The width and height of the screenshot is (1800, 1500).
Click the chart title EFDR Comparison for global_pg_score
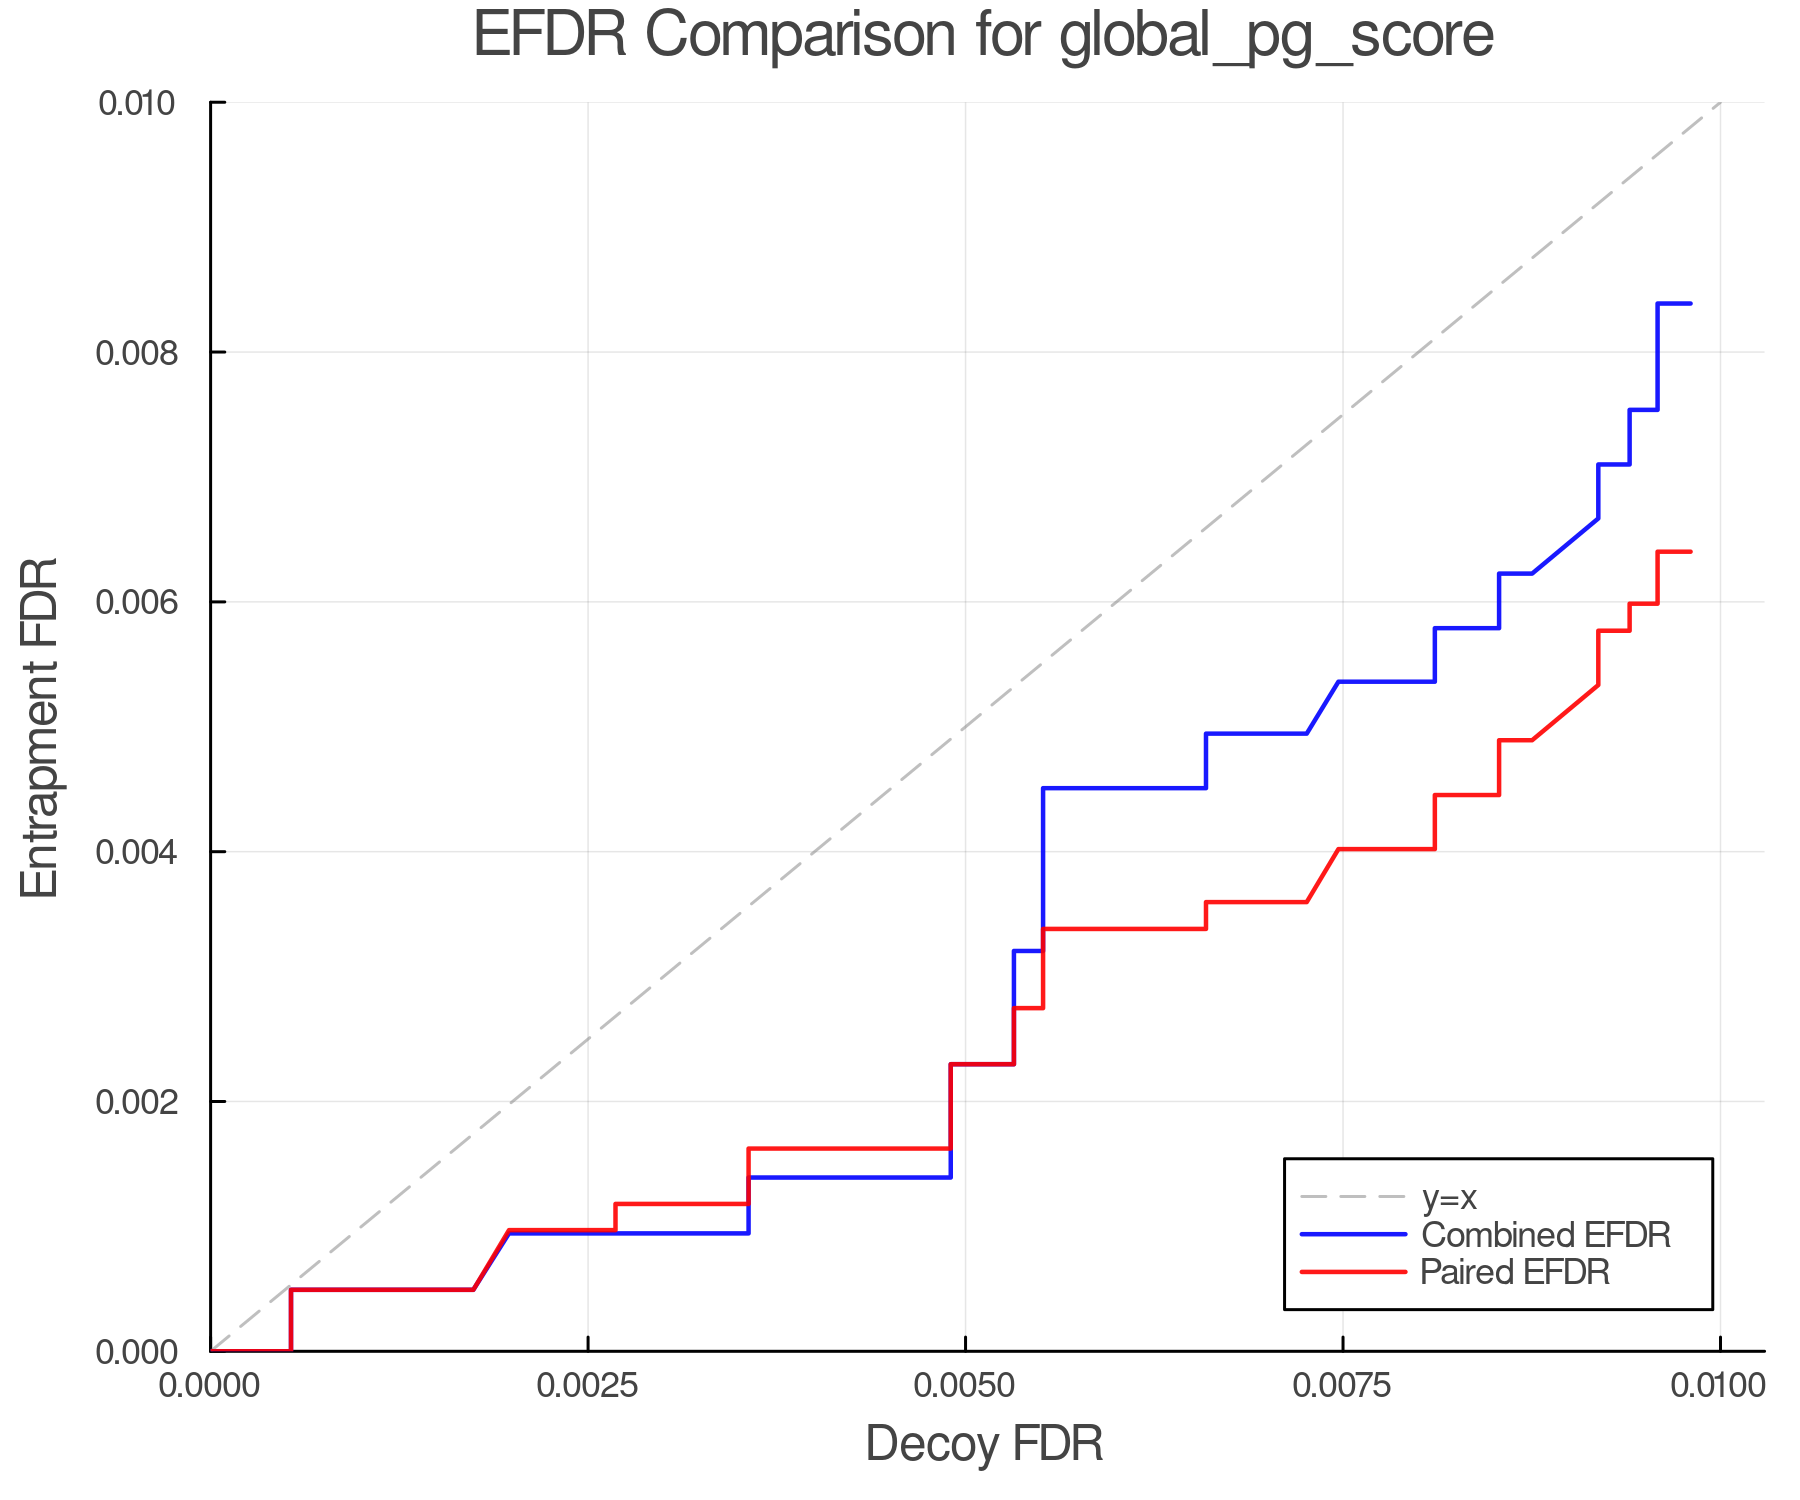[983, 36]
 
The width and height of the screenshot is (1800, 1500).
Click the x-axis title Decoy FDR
[984, 1444]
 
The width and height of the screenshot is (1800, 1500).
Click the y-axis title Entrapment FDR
[40, 727]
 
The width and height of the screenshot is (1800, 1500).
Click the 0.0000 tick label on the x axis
[210, 1386]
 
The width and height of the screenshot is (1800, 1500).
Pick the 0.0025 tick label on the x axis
[587, 1386]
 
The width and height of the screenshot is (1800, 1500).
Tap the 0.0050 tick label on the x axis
[965, 1386]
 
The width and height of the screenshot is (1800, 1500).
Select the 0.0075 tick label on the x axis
[1342, 1386]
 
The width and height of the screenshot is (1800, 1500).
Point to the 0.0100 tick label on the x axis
[1719, 1386]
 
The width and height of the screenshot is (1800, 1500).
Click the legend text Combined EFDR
[1546, 1235]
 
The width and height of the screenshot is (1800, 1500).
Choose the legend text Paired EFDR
[1515, 1272]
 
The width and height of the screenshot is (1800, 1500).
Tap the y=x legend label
[1449, 1197]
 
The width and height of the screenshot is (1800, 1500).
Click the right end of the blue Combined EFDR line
[1690, 303]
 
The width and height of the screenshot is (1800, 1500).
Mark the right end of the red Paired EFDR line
[1690, 552]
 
